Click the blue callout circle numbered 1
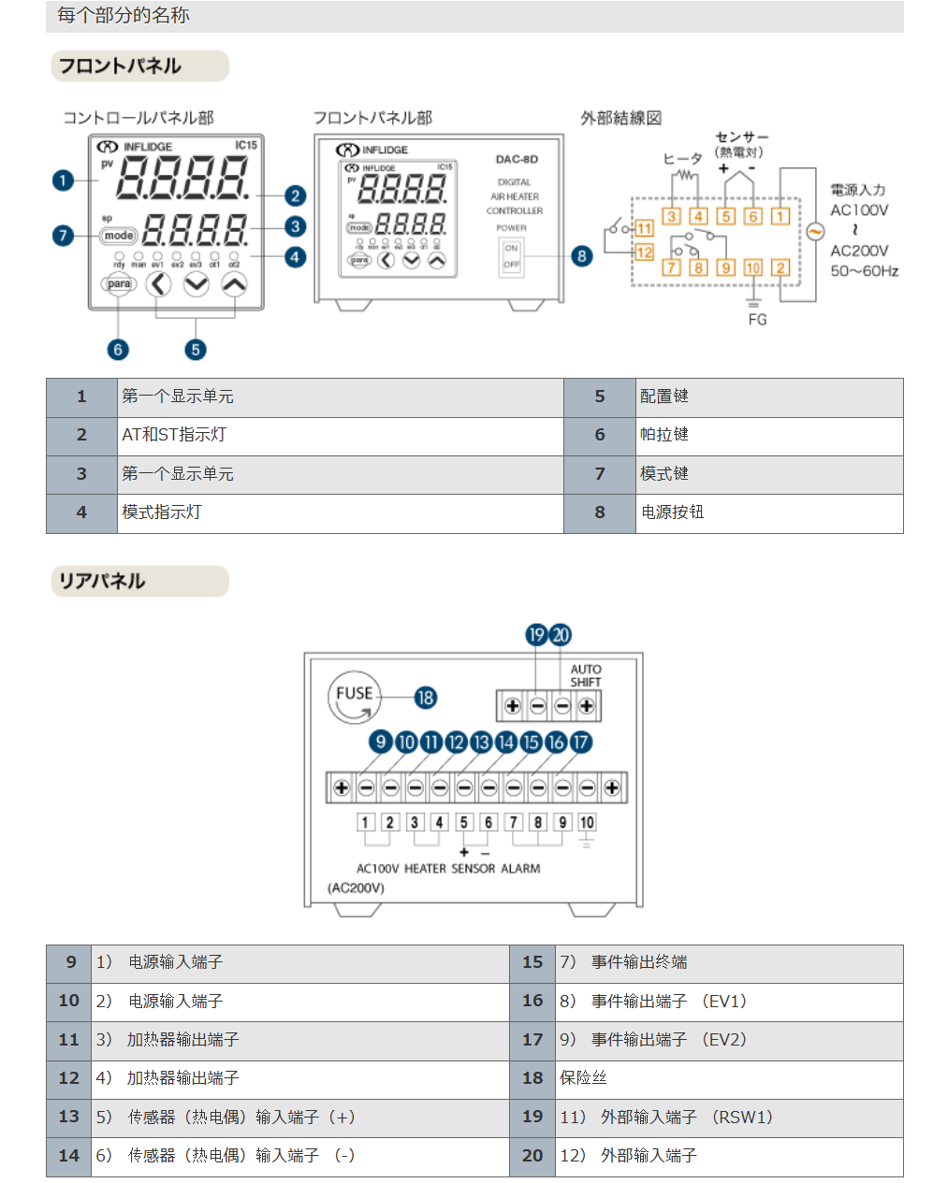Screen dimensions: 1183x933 (63, 180)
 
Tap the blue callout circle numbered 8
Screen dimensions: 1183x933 (582, 256)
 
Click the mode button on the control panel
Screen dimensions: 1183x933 (119, 236)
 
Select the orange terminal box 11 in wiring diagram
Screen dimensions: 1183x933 (644, 228)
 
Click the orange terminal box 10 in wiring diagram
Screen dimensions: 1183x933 (752, 267)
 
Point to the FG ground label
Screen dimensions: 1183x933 (757, 320)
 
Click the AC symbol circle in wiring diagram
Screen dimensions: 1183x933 (815, 232)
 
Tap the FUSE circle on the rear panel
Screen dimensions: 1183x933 (355, 697)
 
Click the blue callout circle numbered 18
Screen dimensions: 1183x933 (425, 698)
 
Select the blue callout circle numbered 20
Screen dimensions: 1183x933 (561, 635)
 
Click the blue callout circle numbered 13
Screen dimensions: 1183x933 (481, 742)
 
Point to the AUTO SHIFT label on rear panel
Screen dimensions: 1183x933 (586, 675)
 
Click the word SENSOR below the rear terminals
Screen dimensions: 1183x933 (473, 869)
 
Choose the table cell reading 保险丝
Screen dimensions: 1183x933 (583, 1078)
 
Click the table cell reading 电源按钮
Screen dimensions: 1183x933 (673, 512)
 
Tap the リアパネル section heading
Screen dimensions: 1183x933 (102, 581)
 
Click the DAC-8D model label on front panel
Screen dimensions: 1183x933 (517, 159)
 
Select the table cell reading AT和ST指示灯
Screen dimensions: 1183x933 (174, 435)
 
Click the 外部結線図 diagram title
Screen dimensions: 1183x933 (620, 118)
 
